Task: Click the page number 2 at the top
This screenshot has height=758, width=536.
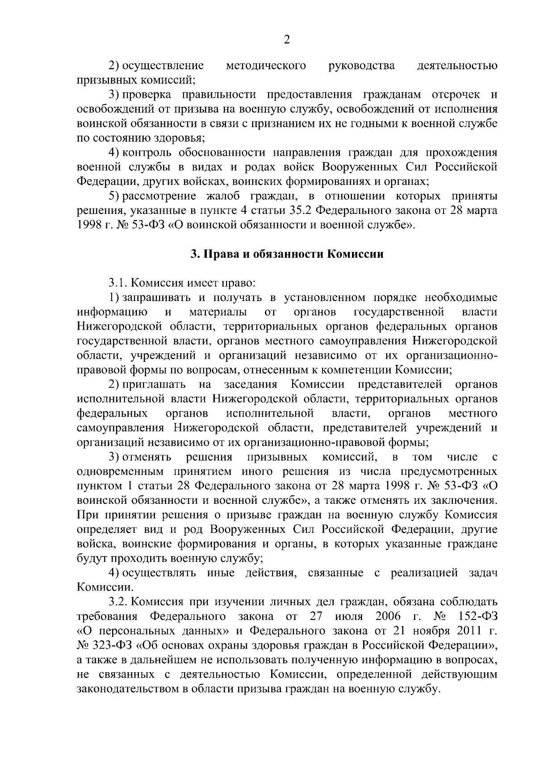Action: pyautogui.click(x=287, y=40)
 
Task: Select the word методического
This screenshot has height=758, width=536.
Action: pyautogui.click(x=266, y=66)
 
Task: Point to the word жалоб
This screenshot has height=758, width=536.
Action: pyautogui.click(x=225, y=197)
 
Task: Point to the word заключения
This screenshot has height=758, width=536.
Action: pyautogui.click(x=465, y=501)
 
